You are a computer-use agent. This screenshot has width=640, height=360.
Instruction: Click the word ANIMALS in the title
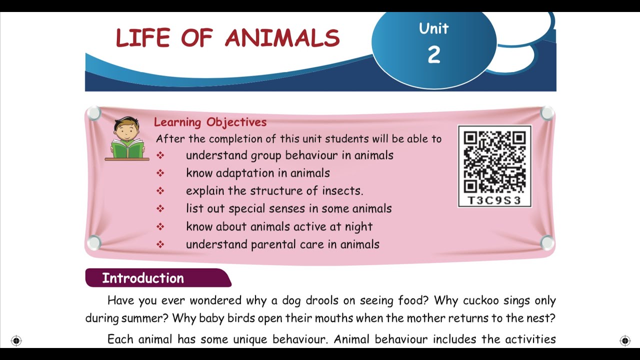coord(282,38)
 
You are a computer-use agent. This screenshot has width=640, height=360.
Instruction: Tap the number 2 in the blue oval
coord(433,54)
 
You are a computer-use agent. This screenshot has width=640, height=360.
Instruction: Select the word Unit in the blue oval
coord(433,28)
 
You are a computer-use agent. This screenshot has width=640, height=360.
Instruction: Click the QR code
coord(494,161)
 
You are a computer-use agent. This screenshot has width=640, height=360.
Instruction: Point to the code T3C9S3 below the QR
coord(494,200)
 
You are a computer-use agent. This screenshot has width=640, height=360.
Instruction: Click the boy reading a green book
coord(127,138)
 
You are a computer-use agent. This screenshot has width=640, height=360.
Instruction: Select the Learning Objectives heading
coord(210,122)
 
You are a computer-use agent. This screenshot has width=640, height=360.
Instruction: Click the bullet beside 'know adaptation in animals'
coord(160,173)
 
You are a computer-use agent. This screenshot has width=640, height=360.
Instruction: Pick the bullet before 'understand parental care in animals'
coord(160,244)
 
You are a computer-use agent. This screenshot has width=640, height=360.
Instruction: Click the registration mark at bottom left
coord(16,341)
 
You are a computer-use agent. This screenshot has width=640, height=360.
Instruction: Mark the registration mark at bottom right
coord(625,341)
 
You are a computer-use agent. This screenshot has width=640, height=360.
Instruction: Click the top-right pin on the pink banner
coord(547,113)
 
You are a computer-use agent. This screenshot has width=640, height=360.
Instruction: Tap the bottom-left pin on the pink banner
coord(93,243)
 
